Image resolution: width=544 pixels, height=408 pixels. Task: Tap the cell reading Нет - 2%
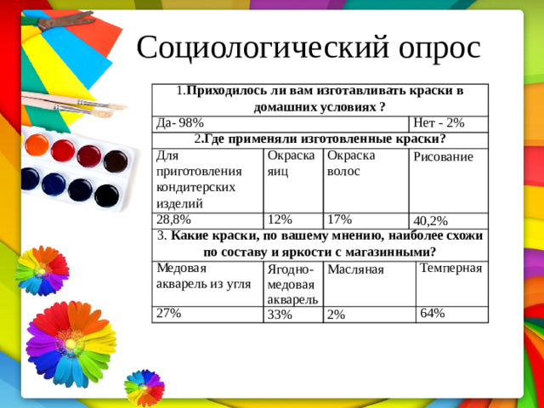[x=438, y=123]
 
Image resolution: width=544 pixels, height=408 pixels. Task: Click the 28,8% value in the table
[x=172, y=218]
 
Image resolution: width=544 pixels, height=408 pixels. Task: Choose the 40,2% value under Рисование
[x=430, y=221]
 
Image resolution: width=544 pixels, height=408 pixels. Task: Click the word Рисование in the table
[x=443, y=157]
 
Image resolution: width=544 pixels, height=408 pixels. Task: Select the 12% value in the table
[x=280, y=218]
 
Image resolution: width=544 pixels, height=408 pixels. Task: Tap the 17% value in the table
[x=340, y=218]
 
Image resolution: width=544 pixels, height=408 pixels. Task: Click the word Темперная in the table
[x=450, y=269]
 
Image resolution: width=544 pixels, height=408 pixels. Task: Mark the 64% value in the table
[x=432, y=313]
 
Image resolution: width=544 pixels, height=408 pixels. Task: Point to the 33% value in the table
[x=280, y=314]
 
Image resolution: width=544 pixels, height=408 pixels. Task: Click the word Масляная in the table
[x=356, y=269]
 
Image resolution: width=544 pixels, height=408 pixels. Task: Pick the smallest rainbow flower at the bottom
[x=144, y=387]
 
